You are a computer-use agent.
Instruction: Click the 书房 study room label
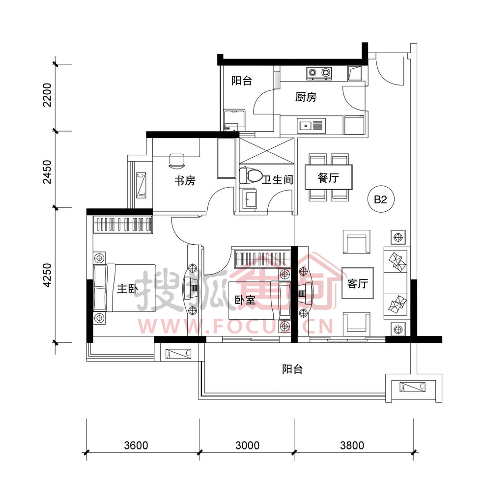click(x=185, y=181)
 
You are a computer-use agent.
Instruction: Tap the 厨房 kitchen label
click(x=306, y=97)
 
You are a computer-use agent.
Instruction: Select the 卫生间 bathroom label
click(x=278, y=180)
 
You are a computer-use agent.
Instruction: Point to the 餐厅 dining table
click(x=328, y=177)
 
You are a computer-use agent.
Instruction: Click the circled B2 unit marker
click(x=381, y=199)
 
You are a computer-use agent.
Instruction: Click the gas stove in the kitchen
click(x=319, y=74)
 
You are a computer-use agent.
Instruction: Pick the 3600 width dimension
click(x=136, y=445)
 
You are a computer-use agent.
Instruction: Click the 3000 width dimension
click(x=247, y=445)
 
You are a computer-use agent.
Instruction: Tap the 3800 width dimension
click(x=352, y=445)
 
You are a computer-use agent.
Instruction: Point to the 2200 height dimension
click(x=47, y=95)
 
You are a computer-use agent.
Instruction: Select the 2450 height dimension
click(x=47, y=172)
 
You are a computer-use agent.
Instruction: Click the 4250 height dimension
click(x=47, y=275)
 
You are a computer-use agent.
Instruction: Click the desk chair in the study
click(x=177, y=161)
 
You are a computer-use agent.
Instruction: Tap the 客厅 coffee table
click(x=358, y=283)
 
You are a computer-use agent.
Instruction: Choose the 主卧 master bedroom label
click(x=127, y=289)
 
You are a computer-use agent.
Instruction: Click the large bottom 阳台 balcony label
click(x=292, y=369)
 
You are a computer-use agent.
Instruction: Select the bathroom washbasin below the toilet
click(x=250, y=199)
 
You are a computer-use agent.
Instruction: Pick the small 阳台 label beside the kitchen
click(x=242, y=81)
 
